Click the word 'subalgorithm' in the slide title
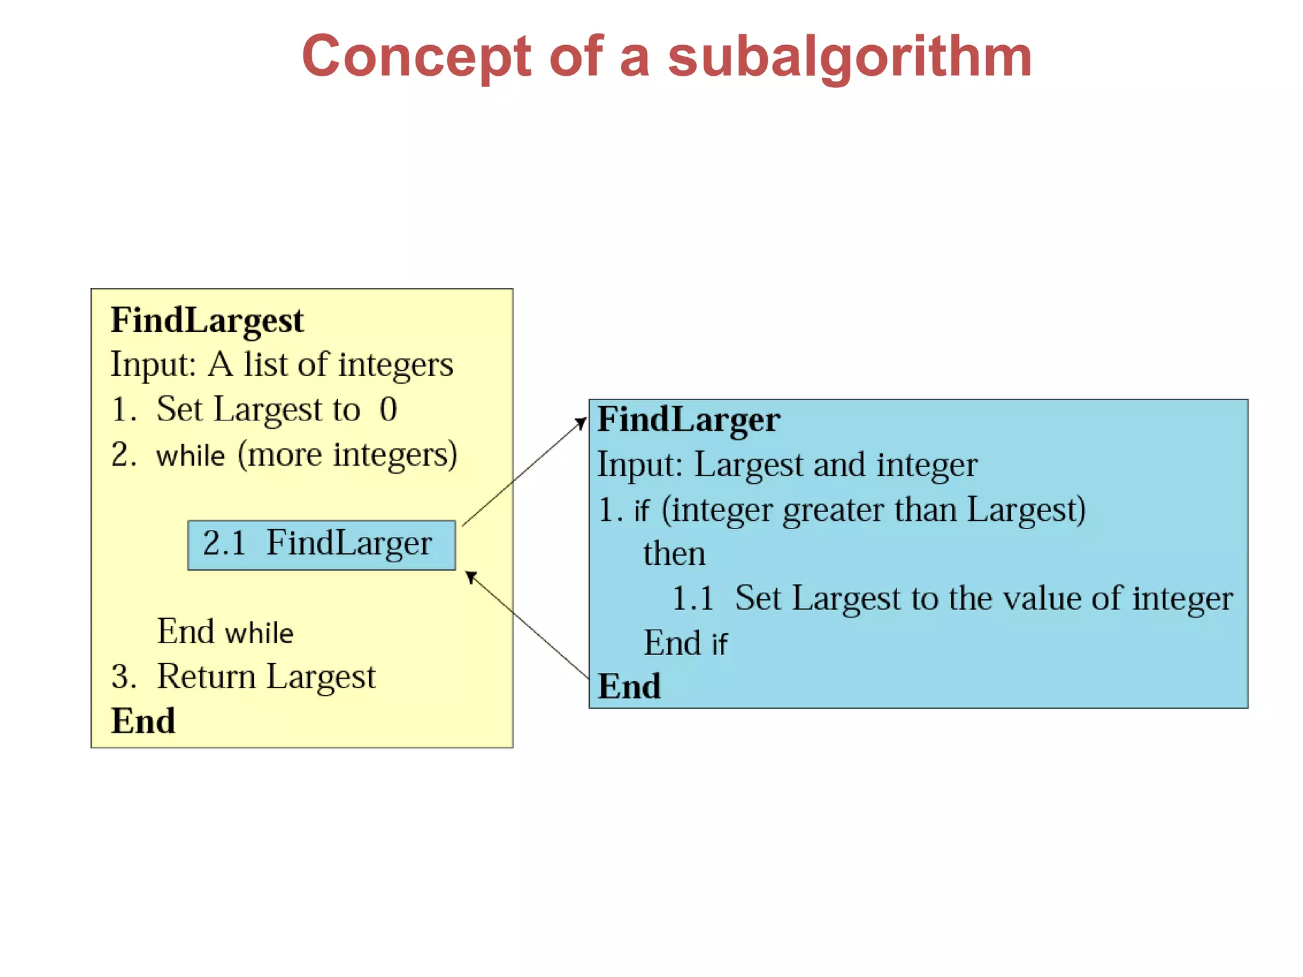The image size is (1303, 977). [x=849, y=57]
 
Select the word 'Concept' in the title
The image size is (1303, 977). [x=416, y=57]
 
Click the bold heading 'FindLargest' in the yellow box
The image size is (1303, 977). [x=207, y=320]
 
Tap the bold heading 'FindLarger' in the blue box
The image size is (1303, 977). [x=688, y=420]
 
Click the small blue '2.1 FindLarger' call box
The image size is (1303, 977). [x=321, y=544]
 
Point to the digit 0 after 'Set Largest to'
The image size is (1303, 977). [x=388, y=409]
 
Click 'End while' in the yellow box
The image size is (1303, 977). [x=225, y=632]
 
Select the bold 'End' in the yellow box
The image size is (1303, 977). [x=143, y=721]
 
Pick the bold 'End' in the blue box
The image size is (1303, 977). [x=629, y=686]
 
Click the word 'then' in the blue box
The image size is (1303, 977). [x=674, y=553]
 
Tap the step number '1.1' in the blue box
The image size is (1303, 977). [x=692, y=599]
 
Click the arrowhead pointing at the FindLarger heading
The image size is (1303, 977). [x=581, y=423]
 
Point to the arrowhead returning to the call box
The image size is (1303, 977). [x=470, y=576]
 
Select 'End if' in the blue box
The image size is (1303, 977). [x=685, y=643]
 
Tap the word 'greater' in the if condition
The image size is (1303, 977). [x=833, y=510]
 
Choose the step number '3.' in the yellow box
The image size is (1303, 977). [x=123, y=676]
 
